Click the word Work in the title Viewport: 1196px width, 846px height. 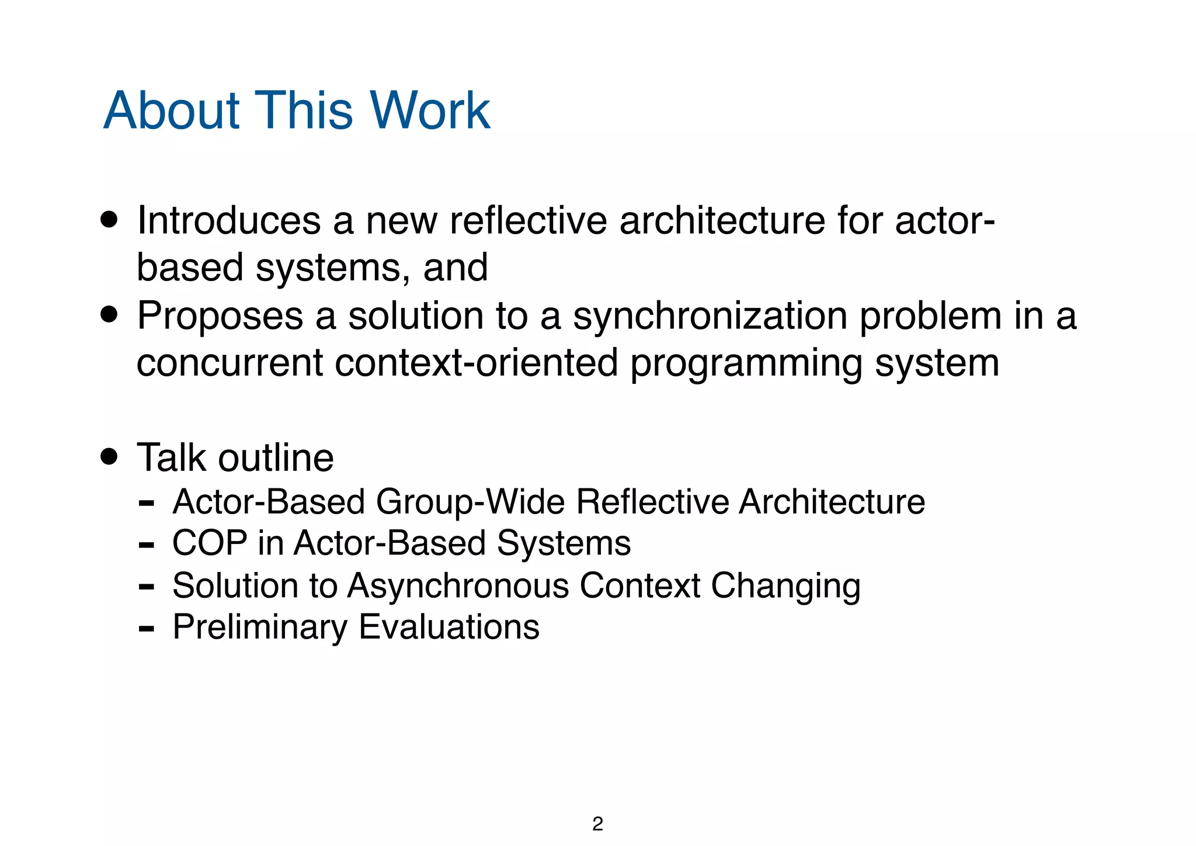(430, 110)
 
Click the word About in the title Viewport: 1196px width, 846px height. (172, 110)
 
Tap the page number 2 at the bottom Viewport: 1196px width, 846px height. (597, 824)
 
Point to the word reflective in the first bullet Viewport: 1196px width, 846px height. (528, 221)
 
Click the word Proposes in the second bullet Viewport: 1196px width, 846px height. (220, 316)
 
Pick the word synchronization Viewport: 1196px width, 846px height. (710, 316)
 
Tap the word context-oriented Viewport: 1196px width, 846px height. (477, 363)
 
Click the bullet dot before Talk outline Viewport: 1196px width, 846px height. (109, 456)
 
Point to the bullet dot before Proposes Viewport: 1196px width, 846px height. (109, 315)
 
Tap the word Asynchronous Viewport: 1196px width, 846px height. (458, 585)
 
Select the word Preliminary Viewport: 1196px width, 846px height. (260, 627)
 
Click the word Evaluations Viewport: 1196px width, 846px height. (448, 627)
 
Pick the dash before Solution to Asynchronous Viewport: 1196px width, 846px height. (147, 586)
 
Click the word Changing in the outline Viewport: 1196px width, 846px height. (785, 586)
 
